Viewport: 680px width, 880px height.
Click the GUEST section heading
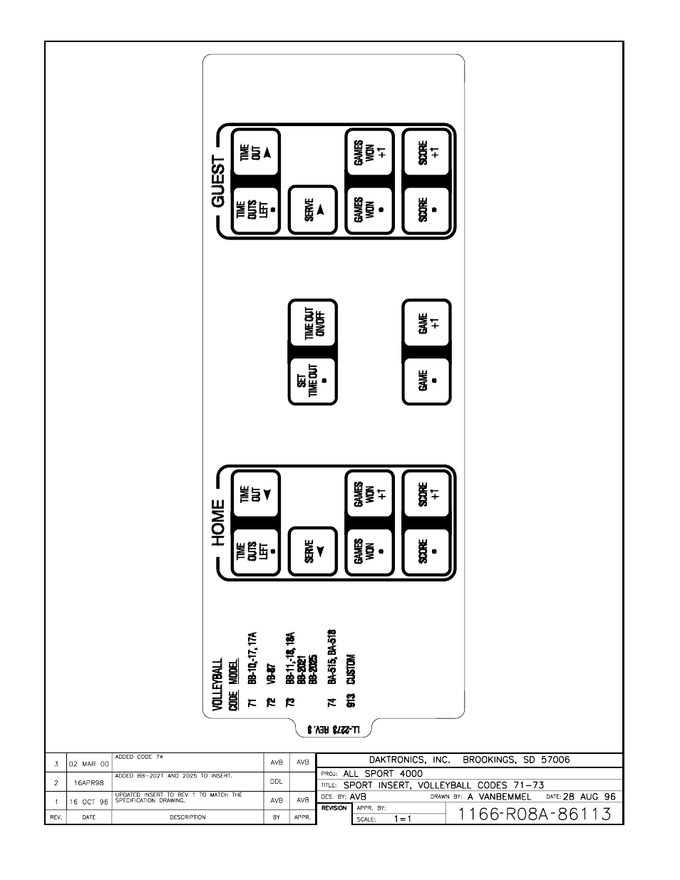pos(218,182)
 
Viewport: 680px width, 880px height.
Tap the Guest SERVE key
pos(312,210)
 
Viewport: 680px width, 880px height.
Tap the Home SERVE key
pos(312,551)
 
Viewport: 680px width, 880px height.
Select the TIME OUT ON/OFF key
pos(312,324)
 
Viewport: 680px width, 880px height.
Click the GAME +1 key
pos(427,324)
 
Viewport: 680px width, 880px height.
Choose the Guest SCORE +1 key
pos(427,152)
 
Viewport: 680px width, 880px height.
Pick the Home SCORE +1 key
pos(427,494)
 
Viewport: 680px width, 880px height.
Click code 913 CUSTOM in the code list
pos(351,680)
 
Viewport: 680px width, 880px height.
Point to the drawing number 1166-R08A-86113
pos(535,814)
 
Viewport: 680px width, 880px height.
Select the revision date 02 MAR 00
pos(88,763)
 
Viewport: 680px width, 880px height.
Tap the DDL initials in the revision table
pos(277,781)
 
